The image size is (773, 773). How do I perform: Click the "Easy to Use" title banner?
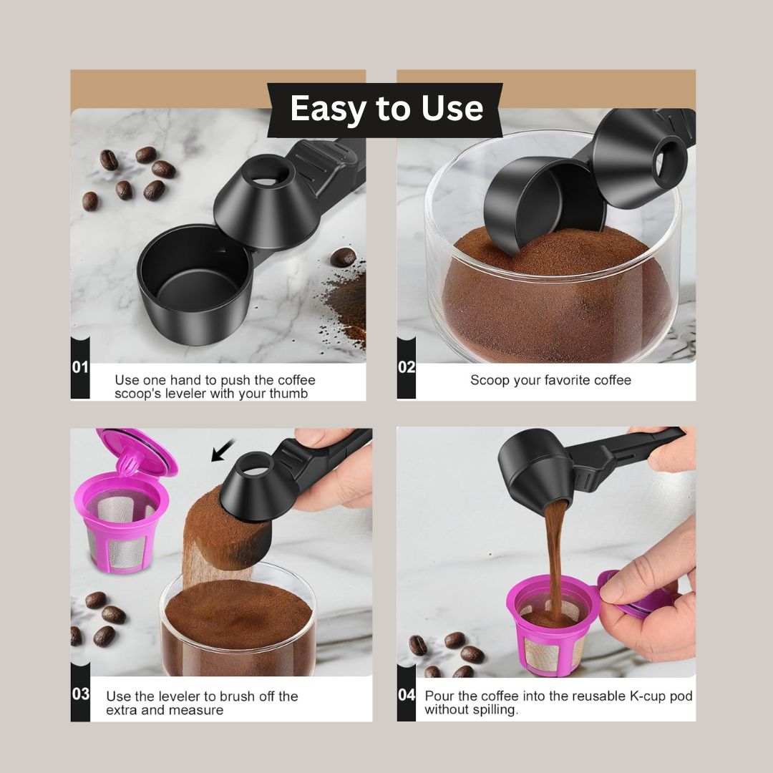coord(386,109)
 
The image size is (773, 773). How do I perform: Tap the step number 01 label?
coord(80,367)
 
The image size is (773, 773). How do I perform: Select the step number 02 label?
coord(407,367)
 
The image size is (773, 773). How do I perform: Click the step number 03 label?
coord(80,694)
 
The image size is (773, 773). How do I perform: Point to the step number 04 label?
coord(407,694)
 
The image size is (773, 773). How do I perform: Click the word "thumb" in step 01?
coord(291,394)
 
